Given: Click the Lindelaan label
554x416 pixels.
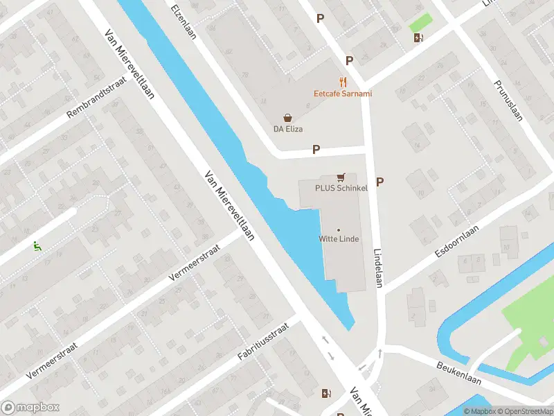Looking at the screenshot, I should pyautogui.click(x=378, y=268).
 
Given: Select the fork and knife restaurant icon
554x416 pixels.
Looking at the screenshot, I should pyautogui.click(x=341, y=81).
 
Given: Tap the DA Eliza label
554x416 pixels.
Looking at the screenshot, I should pyautogui.click(x=287, y=129).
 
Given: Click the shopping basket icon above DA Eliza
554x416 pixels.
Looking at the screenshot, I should pyautogui.click(x=287, y=119).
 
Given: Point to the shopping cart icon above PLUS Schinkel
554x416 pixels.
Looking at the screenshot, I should pyautogui.click(x=340, y=177).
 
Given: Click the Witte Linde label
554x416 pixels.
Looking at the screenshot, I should pyautogui.click(x=339, y=239).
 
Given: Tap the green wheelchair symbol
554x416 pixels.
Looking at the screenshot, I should pyautogui.click(x=36, y=245).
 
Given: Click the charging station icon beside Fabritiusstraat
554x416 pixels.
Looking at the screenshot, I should pyautogui.click(x=326, y=394).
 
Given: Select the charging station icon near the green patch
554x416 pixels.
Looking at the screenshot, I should pyautogui.click(x=418, y=38).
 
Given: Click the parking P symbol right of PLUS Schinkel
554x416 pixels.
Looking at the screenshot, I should pyautogui.click(x=379, y=182).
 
